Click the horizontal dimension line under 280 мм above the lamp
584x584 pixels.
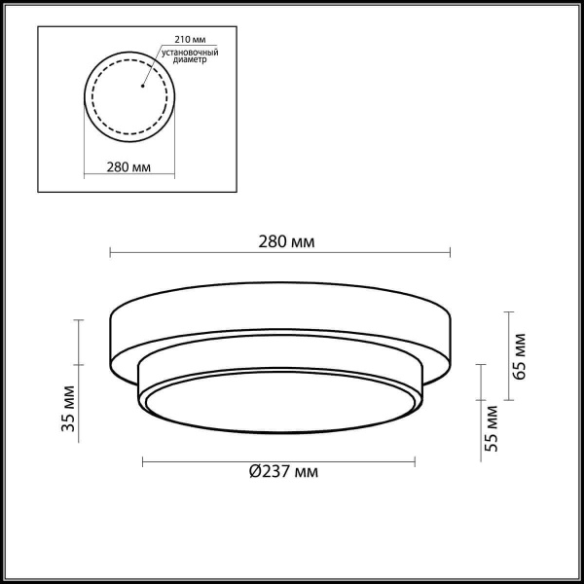pyautogui.click(x=280, y=254)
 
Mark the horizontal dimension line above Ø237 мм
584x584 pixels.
pyautogui.click(x=280, y=459)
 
